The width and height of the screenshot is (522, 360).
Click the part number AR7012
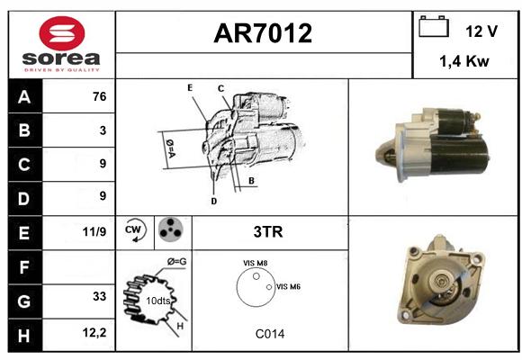(x=263, y=33)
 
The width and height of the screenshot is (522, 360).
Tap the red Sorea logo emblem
(x=62, y=33)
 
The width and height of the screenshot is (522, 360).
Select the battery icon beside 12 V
(x=434, y=26)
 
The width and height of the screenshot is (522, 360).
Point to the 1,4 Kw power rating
(x=464, y=61)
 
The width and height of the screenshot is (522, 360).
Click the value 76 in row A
(x=100, y=96)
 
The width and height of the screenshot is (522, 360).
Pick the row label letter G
(x=24, y=301)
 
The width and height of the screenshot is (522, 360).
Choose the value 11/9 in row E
(x=94, y=231)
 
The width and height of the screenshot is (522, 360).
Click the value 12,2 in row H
(x=94, y=332)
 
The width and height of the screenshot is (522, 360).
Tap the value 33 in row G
(x=100, y=296)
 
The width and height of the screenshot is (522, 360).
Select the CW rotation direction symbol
(x=136, y=229)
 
